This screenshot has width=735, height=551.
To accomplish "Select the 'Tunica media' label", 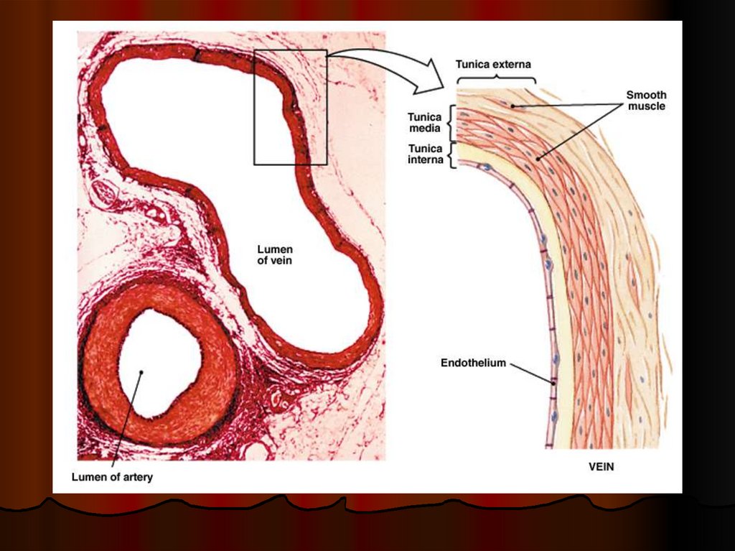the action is [424, 122].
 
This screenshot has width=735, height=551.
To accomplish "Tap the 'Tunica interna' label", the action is [425, 154].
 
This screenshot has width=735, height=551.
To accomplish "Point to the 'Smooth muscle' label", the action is [646, 101].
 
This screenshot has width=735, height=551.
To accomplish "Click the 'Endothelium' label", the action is [473, 363].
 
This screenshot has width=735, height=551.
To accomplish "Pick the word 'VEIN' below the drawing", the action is [601, 466].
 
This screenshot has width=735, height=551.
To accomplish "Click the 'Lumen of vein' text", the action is [275, 255].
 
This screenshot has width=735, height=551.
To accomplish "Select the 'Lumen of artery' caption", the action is [112, 477].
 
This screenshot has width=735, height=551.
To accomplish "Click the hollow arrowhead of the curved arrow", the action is [431, 78].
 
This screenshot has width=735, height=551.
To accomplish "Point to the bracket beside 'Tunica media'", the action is [451, 123].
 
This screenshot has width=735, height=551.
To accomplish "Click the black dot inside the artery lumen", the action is [142, 372].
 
